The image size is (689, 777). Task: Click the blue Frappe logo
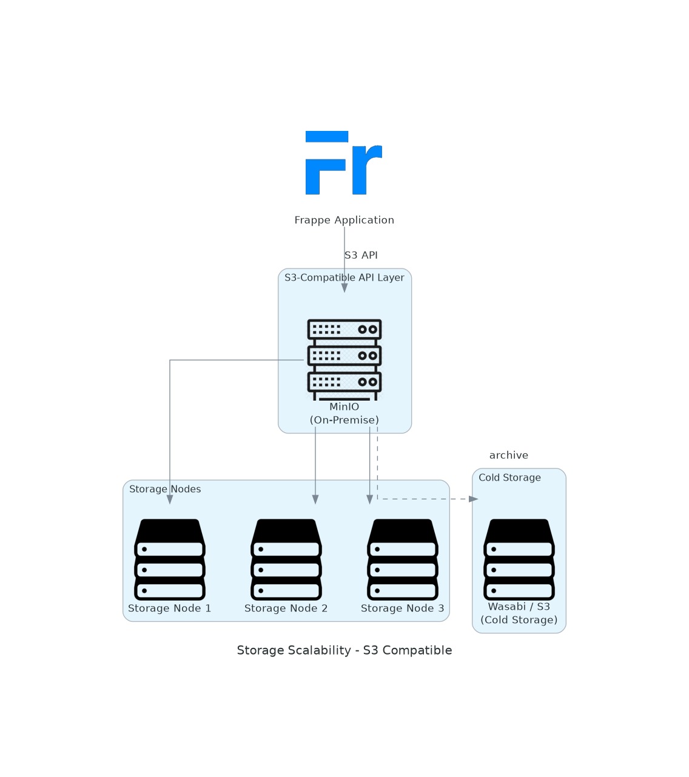[x=344, y=162]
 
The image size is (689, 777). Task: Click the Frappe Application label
[x=344, y=220]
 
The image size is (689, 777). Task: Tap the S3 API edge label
[x=361, y=255]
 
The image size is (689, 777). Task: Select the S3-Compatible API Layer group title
[x=344, y=278]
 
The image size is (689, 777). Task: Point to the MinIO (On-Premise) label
[x=344, y=413]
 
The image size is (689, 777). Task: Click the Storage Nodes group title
[x=165, y=489]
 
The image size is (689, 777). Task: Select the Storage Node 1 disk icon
[x=170, y=559]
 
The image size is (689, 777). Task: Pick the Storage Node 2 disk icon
[x=286, y=559]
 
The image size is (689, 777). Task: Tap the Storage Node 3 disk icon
[x=403, y=559]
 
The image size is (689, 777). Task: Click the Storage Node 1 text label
[x=170, y=609]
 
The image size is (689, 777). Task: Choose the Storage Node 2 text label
[x=286, y=609]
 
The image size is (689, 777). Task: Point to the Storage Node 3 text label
[x=403, y=609]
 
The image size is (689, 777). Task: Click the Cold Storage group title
[x=509, y=478]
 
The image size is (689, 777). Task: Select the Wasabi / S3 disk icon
[x=519, y=559]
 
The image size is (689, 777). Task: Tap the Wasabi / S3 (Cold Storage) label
[x=519, y=613]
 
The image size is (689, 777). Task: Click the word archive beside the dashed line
[x=508, y=455]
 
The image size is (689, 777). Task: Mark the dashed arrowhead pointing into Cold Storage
[x=474, y=499]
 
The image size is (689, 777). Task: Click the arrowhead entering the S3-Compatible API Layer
[x=344, y=288]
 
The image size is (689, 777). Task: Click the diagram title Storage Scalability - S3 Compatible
[x=344, y=650]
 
